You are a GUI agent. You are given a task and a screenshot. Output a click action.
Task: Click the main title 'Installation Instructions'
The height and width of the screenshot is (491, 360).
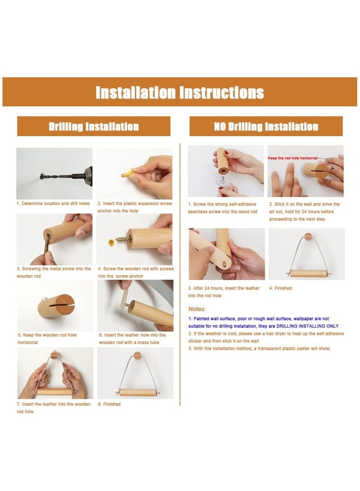click(180, 93)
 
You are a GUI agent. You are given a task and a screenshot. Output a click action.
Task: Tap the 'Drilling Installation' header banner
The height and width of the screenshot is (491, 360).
click(94, 126)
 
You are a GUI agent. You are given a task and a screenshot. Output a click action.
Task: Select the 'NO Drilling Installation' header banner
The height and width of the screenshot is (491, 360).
click(266, 126)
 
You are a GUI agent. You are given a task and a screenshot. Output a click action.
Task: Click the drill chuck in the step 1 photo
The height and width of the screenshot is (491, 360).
click(87, 175)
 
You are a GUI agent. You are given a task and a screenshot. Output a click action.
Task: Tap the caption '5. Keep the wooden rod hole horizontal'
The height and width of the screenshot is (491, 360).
click(47, 339)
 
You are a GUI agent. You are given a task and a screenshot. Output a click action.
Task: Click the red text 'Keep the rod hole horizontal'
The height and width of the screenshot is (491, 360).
click(292, 158)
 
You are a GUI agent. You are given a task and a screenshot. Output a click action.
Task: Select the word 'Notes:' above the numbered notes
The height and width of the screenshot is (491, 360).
click(197, 309)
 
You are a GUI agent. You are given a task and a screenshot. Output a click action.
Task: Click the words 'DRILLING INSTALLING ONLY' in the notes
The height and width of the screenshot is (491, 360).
click(307, 326)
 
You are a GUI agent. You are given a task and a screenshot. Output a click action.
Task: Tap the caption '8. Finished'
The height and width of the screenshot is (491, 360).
click(109, 404)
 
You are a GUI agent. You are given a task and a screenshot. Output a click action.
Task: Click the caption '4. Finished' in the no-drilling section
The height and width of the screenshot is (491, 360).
click(280, 288)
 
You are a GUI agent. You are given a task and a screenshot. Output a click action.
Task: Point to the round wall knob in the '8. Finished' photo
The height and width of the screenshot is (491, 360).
click(137, 355)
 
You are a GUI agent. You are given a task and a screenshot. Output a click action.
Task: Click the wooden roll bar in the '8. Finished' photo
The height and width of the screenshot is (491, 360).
click(138, 393)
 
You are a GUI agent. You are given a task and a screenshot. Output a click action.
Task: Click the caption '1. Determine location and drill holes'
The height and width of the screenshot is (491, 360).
click(53, 204)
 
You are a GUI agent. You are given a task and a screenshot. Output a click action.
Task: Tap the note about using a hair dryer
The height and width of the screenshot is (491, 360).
click(266, 337)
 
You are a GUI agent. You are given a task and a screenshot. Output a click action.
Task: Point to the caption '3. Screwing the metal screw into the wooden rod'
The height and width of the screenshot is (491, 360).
click(54, 272)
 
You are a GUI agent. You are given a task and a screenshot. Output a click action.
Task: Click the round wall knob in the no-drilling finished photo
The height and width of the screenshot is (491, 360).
click(309, 237)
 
